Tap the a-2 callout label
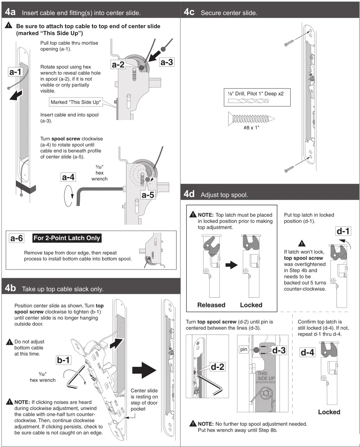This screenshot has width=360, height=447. tap(118, 65)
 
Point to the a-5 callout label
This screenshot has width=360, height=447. tap(148, 195)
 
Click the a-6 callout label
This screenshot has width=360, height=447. tap(16, 238)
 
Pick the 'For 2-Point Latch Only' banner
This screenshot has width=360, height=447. tap(67, 238)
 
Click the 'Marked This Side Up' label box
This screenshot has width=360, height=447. tap(76, 102)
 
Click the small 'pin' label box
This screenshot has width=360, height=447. tap(243, 350)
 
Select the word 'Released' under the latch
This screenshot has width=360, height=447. tap(211, 305)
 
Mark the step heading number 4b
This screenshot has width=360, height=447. tap(10, 288)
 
